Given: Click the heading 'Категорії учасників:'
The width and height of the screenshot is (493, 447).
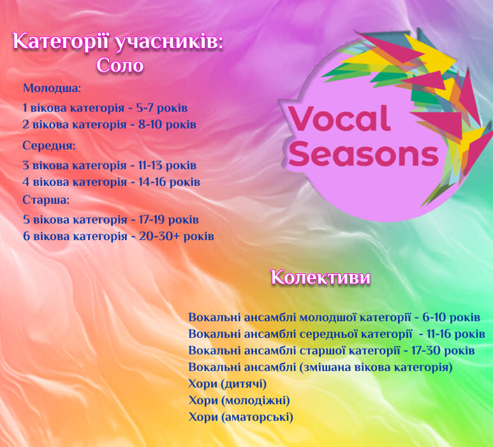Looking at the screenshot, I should tap(119, 42).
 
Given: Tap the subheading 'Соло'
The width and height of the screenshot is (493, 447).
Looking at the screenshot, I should tap(120, 66).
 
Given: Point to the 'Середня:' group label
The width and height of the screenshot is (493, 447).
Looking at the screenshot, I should tap(49, 146).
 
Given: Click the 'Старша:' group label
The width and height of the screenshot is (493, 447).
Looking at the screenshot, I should tap(46, 200).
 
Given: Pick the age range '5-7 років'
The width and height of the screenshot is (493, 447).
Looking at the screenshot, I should tap(163, 107).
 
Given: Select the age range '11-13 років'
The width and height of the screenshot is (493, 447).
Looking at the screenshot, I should tap(169, 165).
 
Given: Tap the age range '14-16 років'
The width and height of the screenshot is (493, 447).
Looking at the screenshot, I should tap(170, 182).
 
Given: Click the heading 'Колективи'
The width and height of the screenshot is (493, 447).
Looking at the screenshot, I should tap(320, 278).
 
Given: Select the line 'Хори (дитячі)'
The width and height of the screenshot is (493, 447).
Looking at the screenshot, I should tap(228, 384).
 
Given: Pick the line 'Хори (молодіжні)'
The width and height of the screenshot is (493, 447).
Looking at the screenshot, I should tap(239, 400).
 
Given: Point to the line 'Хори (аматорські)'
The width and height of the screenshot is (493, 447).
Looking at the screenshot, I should tap(241, 417).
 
